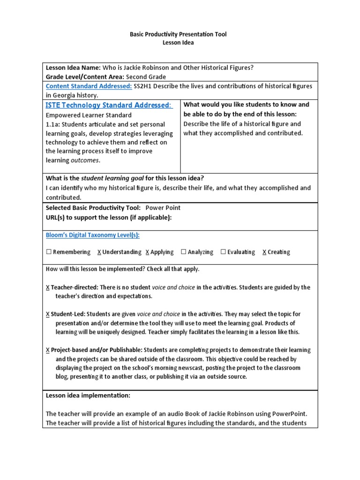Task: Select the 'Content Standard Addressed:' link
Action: (x=82, y=86)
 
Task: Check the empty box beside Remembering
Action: (x=49, y=252)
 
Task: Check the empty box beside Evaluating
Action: (x=223, y=252)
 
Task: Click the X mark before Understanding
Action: (x=99, y=252)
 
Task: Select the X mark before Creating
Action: (x=264, y=252)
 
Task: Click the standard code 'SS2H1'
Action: (x=143, y=86)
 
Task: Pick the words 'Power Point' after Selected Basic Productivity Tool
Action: (x=163, y=208)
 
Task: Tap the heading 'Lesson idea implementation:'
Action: (x=88, y=396)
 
